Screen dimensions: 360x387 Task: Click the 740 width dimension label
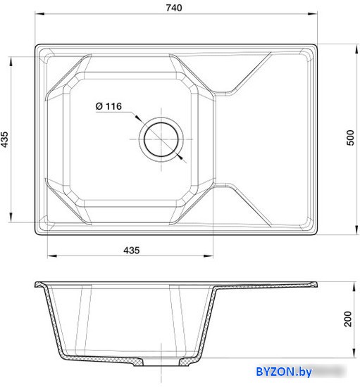pos(174,8)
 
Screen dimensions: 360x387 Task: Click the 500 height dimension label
pos(350,138)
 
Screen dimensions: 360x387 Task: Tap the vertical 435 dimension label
pos(4,139)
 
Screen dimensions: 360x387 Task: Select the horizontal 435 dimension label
pos(132,250)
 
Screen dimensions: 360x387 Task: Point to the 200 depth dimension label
pos(348,319)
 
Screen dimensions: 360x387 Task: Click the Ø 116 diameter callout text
pos(108,106)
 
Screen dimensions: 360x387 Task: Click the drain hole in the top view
pos(161,139)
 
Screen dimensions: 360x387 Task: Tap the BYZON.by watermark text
pos(284,372)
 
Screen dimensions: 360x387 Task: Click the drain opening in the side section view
pos(161,362)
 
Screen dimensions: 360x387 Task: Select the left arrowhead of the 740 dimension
pos(39,13)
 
